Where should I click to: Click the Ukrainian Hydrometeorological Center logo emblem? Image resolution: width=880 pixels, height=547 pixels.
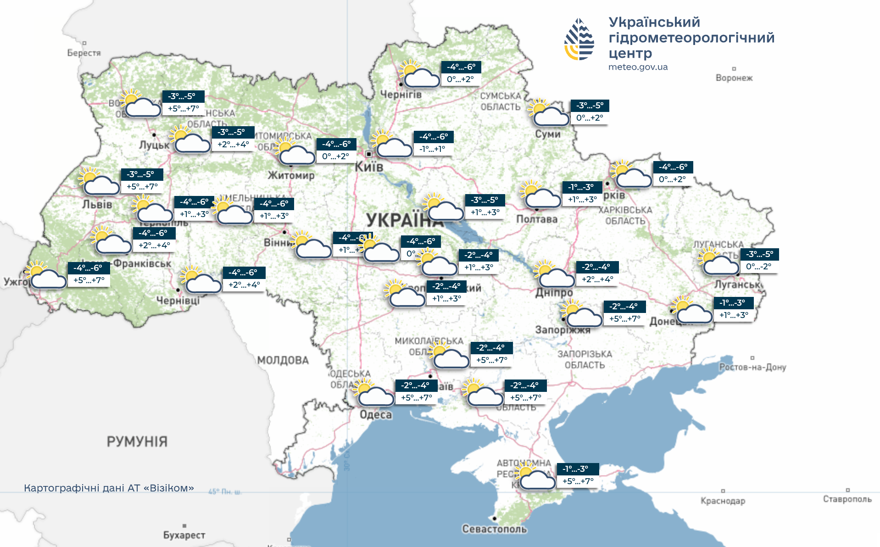(x=579, y=39)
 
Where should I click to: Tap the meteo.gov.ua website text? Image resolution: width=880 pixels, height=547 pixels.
(x=638, y=67)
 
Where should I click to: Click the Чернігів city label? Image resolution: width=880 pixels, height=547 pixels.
(x=401, y=95)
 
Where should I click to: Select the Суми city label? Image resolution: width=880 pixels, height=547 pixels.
(x=548, y=134)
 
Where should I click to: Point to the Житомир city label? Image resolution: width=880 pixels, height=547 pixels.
(x=291, y=175)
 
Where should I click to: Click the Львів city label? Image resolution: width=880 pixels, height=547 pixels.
(x=97, y=205)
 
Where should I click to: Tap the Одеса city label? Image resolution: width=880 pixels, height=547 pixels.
(x=376, y=415)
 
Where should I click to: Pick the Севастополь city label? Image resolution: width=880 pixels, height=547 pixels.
(x=494, y=529)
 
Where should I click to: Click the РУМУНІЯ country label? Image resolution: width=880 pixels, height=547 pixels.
(x=137, y=442)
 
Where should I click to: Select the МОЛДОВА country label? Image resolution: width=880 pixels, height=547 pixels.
(x=283, y=360)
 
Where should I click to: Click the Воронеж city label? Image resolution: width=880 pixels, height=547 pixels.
(x=734, y=78)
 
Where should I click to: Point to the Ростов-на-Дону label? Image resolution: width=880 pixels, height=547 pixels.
(x=752, y=367)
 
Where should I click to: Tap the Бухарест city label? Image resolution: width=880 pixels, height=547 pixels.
(x=184, y=535)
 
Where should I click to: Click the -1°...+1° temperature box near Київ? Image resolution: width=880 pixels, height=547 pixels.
(x=433, y=149)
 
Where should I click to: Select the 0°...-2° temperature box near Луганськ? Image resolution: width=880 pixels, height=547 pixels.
(x=758, y=267)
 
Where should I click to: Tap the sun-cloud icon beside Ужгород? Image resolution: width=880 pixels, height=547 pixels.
(x=45, y=275)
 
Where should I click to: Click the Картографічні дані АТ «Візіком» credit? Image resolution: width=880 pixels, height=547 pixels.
(x=109, y=488)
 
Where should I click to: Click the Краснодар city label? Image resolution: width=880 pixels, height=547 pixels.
(x=723, y=501)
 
